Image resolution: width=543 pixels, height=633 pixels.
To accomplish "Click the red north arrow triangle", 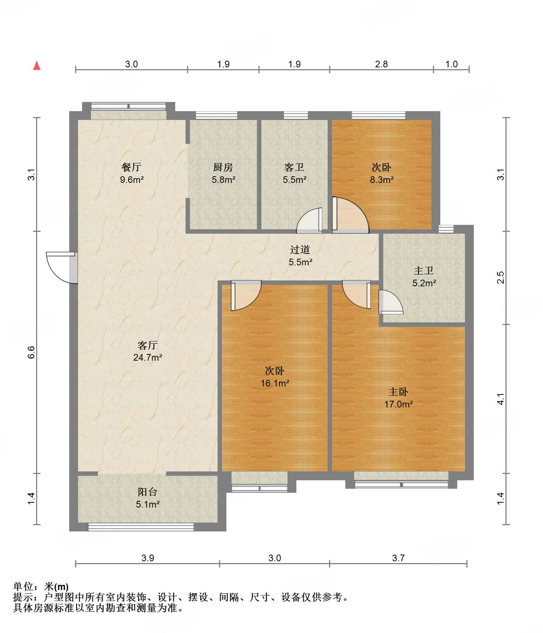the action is click(37, 66).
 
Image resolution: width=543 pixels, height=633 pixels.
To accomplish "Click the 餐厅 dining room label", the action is click(131, 167).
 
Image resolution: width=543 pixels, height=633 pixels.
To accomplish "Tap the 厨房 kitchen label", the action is click(223, 167).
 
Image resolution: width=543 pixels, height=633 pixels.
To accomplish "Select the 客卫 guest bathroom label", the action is click(294, 167).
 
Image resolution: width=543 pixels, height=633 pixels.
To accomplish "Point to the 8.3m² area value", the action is click(382, 180).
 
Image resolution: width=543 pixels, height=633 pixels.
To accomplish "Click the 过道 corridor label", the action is click(300, 250).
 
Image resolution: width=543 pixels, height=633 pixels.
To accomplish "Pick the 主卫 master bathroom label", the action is click(424, 271).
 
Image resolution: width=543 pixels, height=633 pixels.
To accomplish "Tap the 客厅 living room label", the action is click(148, 345).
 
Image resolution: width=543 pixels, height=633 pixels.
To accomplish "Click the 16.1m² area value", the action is click(275, 383).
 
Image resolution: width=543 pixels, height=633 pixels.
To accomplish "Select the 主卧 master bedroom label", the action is click(398, 392).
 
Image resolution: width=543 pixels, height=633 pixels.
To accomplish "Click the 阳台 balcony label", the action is click(148, 492).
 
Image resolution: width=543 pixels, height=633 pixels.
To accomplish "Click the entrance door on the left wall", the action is click(62, 268).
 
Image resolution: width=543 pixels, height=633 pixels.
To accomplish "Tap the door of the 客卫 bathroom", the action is click(310, 221).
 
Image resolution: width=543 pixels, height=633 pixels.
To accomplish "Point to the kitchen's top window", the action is click(216, 115).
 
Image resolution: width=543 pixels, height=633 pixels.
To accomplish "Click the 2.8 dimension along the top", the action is click(381, 64).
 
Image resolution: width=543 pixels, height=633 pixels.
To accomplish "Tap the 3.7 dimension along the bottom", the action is click(398, 558).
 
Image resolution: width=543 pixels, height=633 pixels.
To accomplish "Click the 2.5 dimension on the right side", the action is click(501, 278).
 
